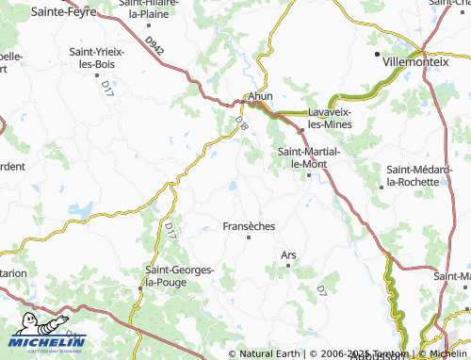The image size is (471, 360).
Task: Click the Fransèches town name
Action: coord(249,226)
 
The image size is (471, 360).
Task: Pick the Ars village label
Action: coord(288,254)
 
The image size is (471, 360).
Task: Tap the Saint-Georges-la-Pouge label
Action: coord(179,275)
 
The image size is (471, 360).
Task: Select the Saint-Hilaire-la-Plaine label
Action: coord(156,10)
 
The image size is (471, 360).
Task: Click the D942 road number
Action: coord(155,44)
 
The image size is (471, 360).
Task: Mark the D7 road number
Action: coord(320,287)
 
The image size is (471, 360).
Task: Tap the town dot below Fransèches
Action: coord(249,237)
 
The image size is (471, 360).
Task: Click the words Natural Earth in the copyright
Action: coord(270,353)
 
